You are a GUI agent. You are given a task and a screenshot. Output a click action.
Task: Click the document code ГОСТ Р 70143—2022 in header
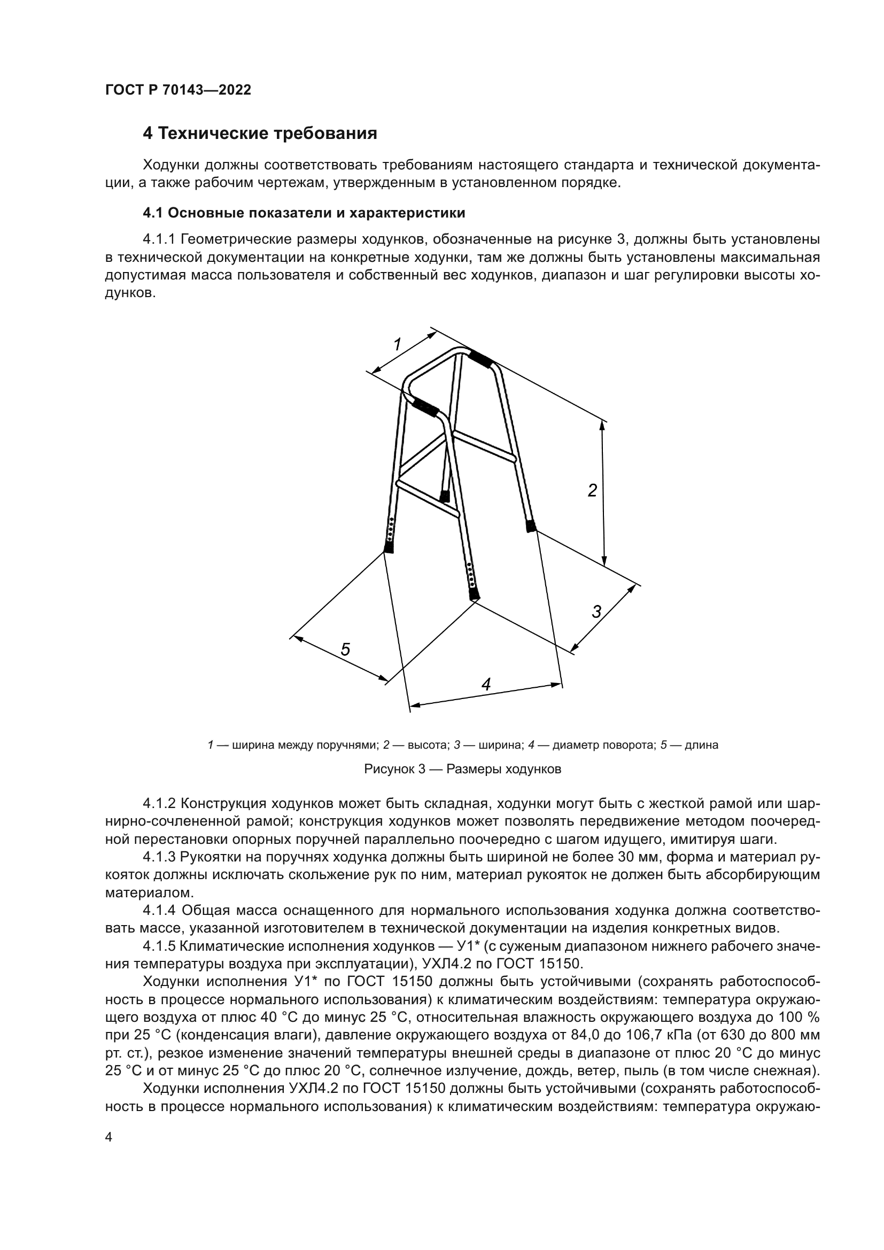point(178,90)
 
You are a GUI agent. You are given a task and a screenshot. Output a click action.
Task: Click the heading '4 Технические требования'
point(260,134)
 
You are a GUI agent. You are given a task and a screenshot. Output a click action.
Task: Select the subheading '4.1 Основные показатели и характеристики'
point(304,213)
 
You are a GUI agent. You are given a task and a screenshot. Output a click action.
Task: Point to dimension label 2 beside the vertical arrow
point(592,491)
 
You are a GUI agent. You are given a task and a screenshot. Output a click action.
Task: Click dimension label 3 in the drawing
point(596,612)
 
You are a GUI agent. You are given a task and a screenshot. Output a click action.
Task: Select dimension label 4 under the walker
point(486,685)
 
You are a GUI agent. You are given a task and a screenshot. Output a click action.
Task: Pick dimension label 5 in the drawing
point(345,649)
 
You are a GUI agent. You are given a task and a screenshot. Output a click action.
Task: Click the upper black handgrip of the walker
point(480,359)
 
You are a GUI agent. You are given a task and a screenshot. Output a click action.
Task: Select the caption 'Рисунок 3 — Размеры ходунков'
point(462,769)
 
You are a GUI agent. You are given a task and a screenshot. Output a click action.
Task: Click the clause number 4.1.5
point(159,946)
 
